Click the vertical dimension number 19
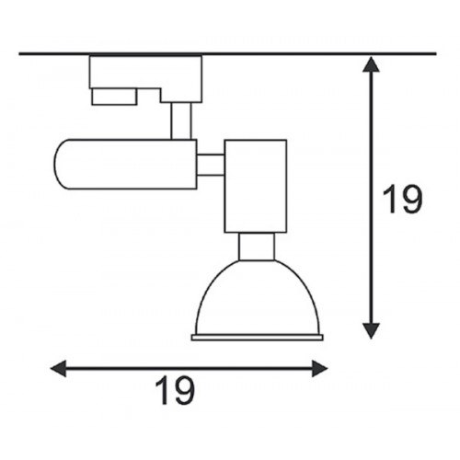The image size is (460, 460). click(403, 200)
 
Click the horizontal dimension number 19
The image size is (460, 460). click(175, 391)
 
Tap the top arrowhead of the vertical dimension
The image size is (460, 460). click(371, 64)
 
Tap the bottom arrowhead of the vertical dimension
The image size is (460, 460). click(371, 331)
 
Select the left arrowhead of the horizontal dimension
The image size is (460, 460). click(58, 368)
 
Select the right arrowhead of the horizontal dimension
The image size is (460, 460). click(320, 368)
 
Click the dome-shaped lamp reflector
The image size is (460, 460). click(258, 297)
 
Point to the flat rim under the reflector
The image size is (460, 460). click(258, 338)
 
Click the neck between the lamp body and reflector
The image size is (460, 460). click(257, 247)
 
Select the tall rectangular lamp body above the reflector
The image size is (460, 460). click(256, 186)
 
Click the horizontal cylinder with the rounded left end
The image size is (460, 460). click(125, 164)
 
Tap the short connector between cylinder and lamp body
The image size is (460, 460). click(211, 166)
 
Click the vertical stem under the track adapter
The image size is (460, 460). click(181, 121)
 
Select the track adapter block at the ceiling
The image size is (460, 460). click(145, 78)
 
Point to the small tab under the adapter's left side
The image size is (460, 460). click(114, 97)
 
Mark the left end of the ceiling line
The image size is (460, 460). click(19, 54)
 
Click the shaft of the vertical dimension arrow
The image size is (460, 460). click(371, 198)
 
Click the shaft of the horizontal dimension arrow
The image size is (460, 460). click(189, 368)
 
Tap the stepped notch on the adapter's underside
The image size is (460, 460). click(149, 96)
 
